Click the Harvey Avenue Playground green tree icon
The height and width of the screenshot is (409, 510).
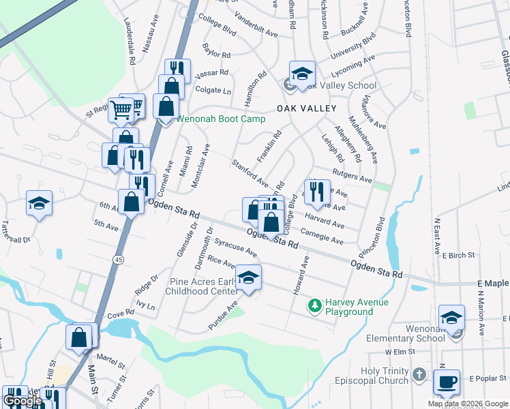(x=314, y=303)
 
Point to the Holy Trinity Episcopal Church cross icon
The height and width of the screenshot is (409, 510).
(x=419, y=375)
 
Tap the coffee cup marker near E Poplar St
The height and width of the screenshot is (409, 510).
(x=447, y=382)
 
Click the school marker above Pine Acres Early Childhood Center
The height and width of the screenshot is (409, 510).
(x=249, y=278)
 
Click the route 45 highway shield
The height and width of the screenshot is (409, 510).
(x=119, y=260)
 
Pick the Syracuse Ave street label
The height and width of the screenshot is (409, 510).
(x=235, y=247)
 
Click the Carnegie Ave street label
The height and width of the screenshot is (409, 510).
(x=322, y=239)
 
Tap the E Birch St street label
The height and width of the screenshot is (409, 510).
(x=457, y=255)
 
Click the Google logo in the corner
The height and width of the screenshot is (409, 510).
(x=22, y=401)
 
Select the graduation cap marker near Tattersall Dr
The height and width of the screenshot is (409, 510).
(x=40, y=202)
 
